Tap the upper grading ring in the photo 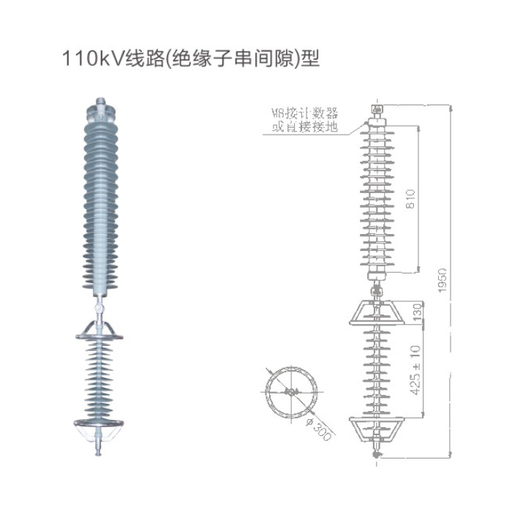pos(102,331)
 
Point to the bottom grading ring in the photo pos(102,424)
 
